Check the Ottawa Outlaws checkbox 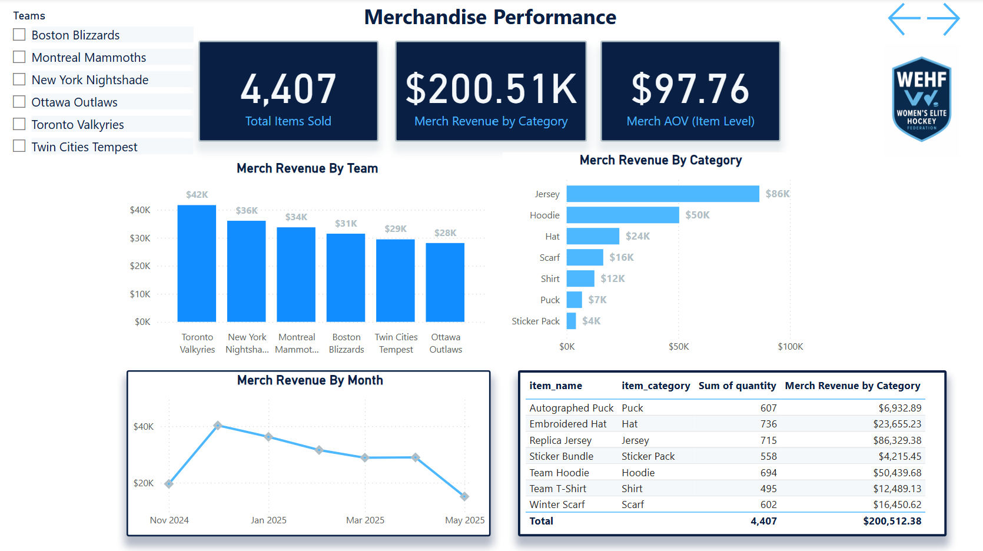pos(19,102)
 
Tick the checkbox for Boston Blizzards pos(19,35)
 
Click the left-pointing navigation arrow pos(904,19)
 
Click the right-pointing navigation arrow pos(944,19)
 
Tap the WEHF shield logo pos(921,99)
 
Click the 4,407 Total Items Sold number pos(288,89)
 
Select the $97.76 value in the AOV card pos(690,89)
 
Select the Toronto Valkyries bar pos(197,264)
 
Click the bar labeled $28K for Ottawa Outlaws pos(445,283)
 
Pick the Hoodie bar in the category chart pos(623,215)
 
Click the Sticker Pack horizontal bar pos(571,321)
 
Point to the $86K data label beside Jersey pos(777,194)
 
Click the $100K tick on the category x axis pos(790,347)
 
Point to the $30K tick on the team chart pos(140,238)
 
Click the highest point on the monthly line pos(218,425)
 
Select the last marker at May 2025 pos(464,496)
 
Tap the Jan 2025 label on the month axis pos(268,520)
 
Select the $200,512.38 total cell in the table pos(892,521)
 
